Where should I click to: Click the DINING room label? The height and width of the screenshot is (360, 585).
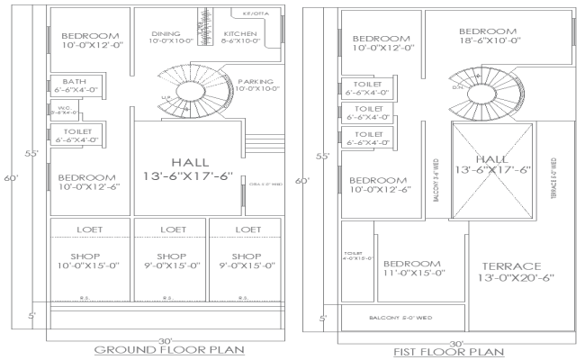[165, 32]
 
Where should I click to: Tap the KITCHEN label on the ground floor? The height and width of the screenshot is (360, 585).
[240, 32]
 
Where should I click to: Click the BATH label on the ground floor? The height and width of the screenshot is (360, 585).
[75, 82]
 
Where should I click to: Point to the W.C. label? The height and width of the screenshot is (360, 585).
[64, 110]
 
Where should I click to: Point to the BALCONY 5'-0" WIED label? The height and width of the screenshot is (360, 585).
[402, 318]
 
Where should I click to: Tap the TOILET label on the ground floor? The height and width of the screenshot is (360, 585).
[76, 135]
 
